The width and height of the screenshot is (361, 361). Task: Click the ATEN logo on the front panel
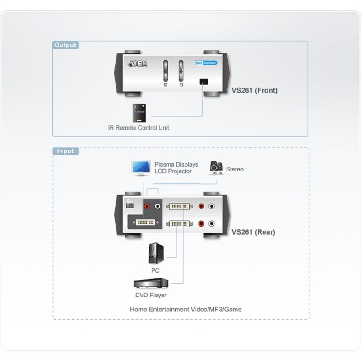(137, 64)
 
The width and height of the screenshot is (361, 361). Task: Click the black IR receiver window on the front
(204, 82)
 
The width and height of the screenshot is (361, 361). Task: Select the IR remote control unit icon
(139, 113)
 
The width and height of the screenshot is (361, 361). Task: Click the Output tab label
(65, 45)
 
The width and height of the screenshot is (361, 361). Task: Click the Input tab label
(65, 151)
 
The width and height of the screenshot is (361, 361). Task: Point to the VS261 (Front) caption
(255, 90)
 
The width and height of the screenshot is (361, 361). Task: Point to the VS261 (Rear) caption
(254, 232)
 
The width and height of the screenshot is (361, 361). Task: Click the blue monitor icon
(140, 167)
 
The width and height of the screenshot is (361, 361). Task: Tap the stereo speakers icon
(216, 168)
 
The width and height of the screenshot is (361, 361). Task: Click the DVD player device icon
(151, 283)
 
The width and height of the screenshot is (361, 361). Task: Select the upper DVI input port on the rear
(180, 207)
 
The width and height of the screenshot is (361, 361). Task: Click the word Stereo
(235, 169)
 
